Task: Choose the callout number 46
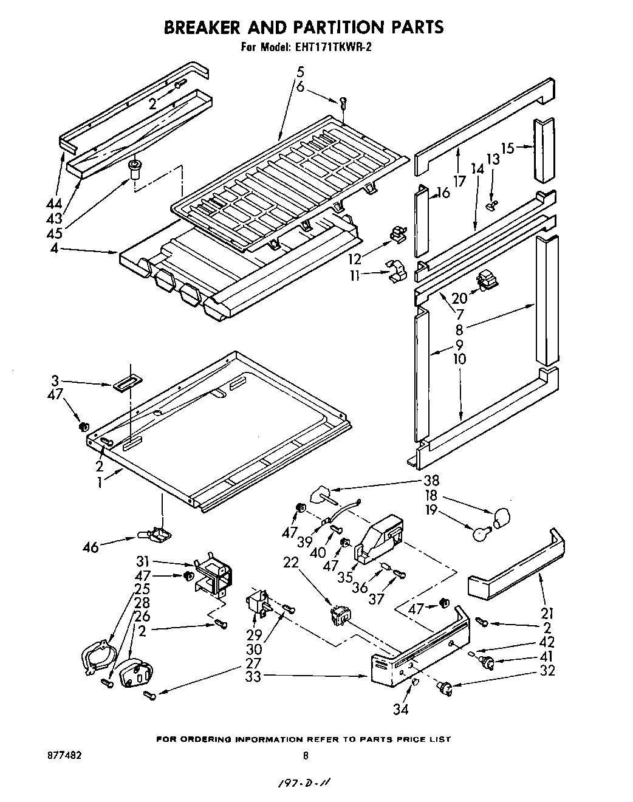(91, 547)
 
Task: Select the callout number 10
(459, 358)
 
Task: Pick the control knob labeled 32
(445, 688)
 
